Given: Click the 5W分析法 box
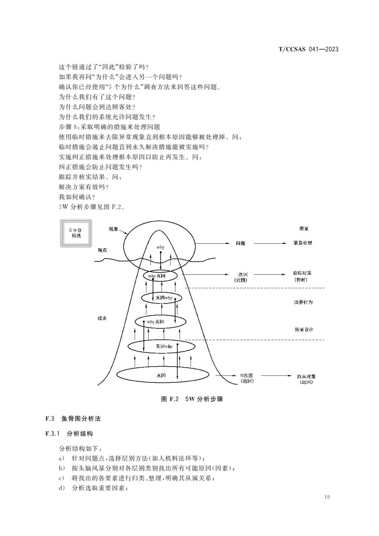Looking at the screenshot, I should point(76,233).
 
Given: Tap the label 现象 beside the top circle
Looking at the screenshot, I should point(113,229).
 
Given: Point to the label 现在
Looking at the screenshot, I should point(102,250).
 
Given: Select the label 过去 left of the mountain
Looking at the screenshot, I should point(102,318).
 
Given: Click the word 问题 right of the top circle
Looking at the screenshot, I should point(240,243).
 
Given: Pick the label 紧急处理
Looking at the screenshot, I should point(302,243).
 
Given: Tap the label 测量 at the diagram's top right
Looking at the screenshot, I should point(304,228).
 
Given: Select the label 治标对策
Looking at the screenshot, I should point(302,273).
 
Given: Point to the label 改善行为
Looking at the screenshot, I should point(303,302).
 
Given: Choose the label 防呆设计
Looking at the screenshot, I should point(304,329).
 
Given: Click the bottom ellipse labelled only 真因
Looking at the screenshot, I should point(161,375).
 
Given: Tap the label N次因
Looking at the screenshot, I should point(246,375).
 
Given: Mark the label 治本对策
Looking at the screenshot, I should point(306,376).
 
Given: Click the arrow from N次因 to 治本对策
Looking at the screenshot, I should point(276,376).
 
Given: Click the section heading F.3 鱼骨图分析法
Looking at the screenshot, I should point(73,418).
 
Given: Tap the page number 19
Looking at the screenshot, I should point(327,497).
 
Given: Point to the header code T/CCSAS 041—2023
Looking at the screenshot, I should point(308,49).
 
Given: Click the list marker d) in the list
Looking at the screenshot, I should point(62,488).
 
